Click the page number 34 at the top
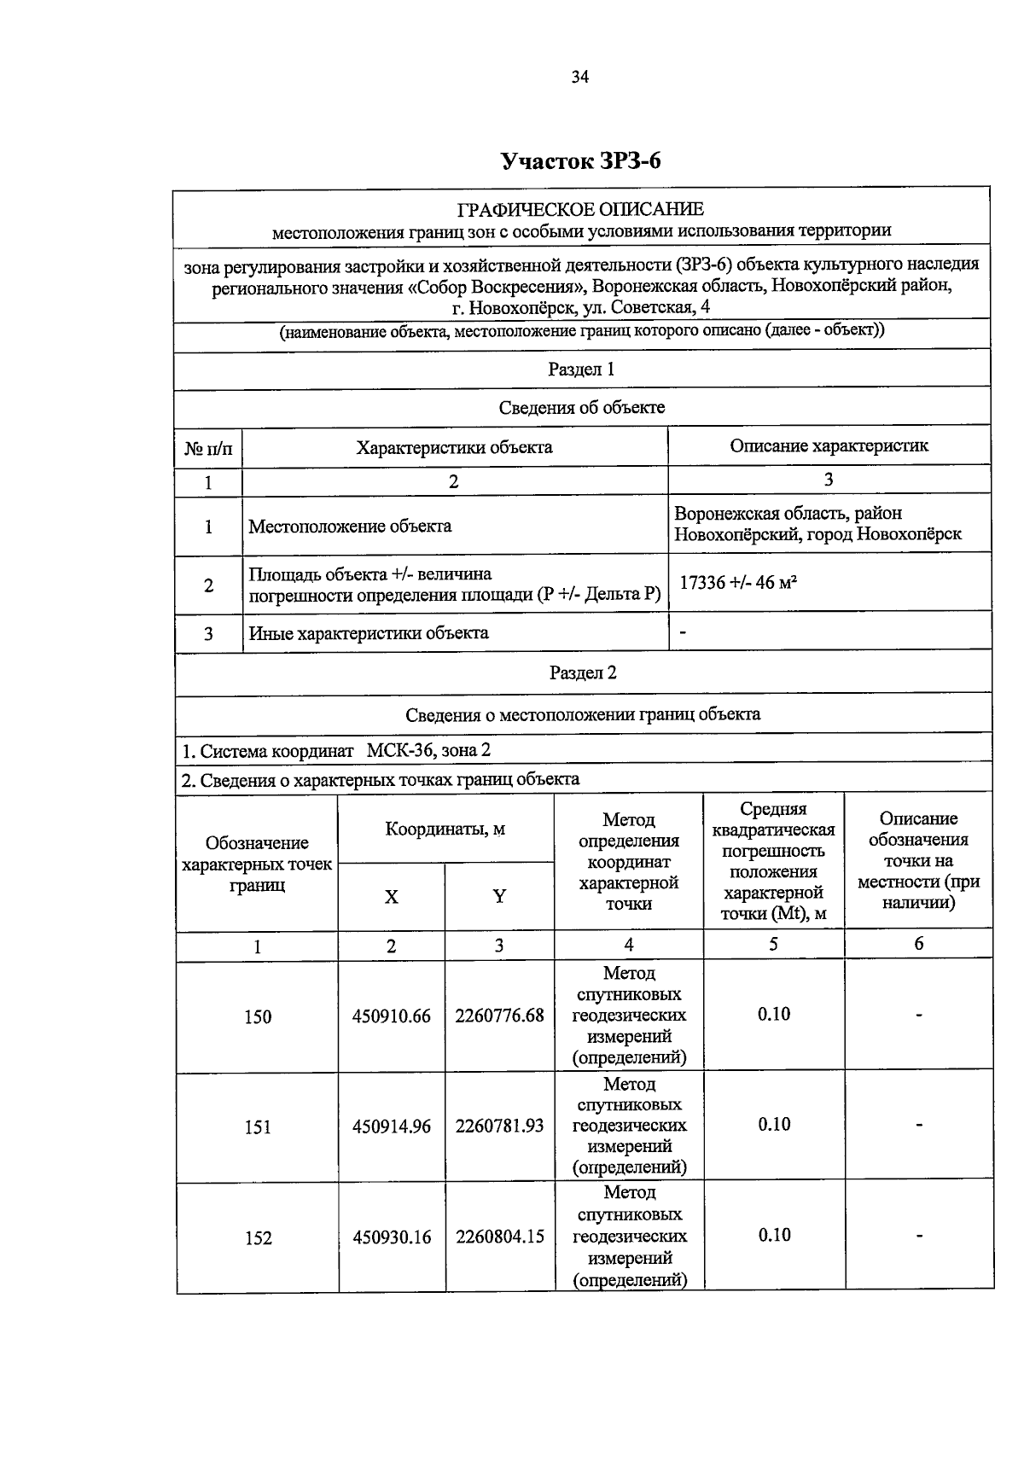[580, 77]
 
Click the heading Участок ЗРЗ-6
[580, 161]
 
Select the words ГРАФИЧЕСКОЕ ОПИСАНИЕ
[580, 209]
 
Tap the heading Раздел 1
[581, 370]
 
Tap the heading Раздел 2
[583, 672]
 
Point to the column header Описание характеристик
[829, 445]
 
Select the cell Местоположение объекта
[350, 527]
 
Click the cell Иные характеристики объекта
[369, 633]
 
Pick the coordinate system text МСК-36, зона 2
[428, 751]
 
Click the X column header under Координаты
[391, 897]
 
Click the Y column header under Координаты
[499, 896]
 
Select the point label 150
[258, 1017]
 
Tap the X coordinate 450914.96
[392, 1126]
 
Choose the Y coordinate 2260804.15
[499, 1237]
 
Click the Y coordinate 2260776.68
[499, 1016]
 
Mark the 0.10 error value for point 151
[774, 1125]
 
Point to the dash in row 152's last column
[919, 1236]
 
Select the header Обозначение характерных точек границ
[257, 864]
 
